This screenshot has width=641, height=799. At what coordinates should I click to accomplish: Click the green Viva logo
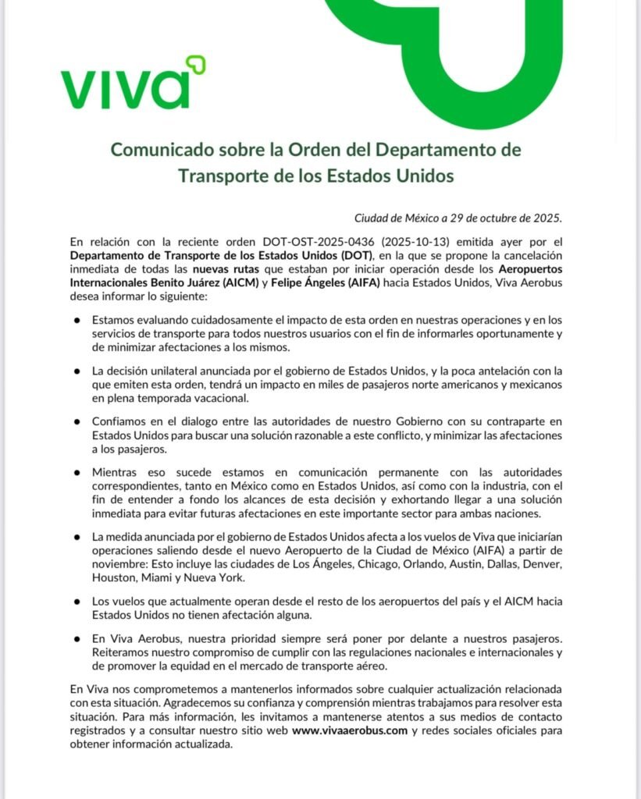[133, 83]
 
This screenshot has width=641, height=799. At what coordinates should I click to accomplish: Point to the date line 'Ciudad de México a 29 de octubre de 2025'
[458, 217]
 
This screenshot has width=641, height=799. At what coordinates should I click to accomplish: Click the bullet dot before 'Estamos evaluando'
[77, 321]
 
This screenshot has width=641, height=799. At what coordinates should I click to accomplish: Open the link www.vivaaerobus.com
[350, 731]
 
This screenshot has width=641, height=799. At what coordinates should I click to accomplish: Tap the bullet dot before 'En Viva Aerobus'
[77, 639]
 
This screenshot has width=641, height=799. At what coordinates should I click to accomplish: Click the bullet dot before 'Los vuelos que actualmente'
[77, 602]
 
